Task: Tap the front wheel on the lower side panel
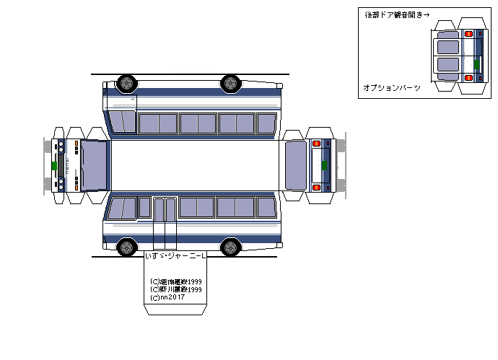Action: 126,247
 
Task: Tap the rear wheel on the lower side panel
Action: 231,247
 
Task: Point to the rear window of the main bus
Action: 296,164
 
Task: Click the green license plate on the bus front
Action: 54,165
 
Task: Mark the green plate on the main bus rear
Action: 324,165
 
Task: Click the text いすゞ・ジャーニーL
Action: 175,256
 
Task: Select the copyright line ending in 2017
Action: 167,297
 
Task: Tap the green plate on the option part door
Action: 476,64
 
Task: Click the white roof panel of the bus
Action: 195,164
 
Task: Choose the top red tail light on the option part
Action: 468,33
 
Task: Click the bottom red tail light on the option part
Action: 468,77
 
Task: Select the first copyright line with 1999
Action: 175,281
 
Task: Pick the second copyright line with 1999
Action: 175,289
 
